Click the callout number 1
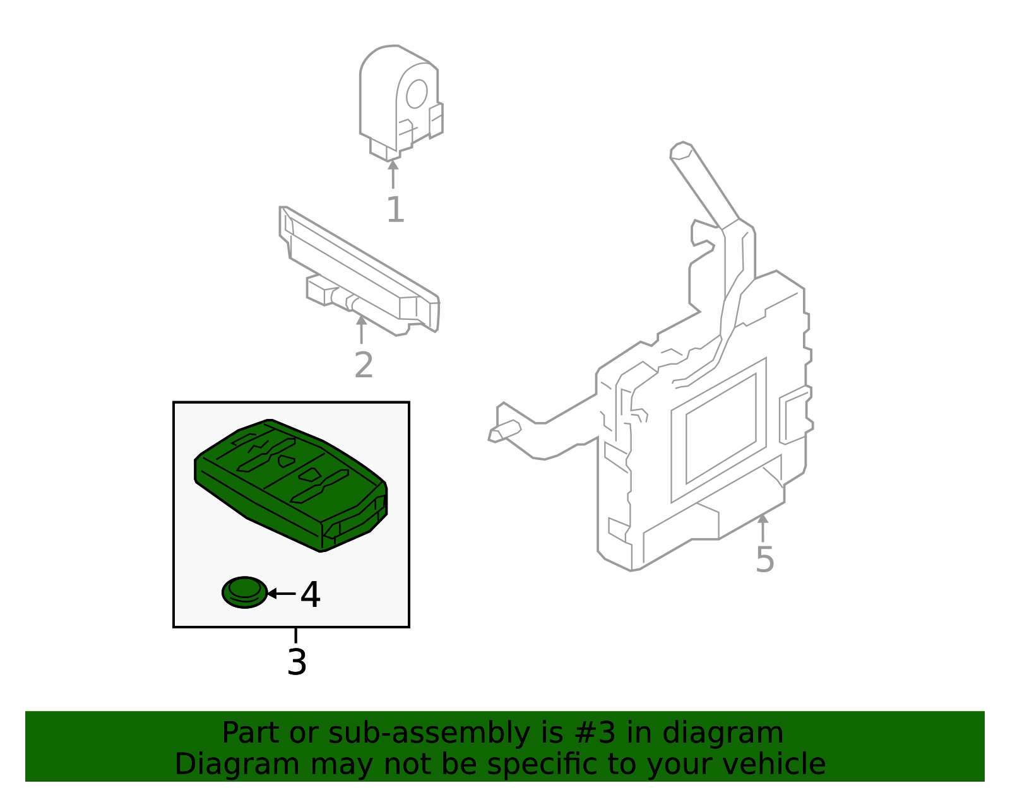(x=395, y=210)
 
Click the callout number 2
(x=364, y=365)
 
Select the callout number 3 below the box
(x=297, y=662)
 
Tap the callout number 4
(x=310, y=595)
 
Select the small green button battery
(x=245, y=592)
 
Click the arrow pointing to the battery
(x=281, y=594)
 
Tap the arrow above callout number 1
(x=393, y=174)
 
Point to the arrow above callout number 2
(x=361, y=329)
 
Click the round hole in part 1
(x=417, y=94)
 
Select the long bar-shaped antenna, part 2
(x=360, y=271)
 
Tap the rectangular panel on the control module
(x=720, y=429)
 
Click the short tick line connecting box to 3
(x=295, y=635)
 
